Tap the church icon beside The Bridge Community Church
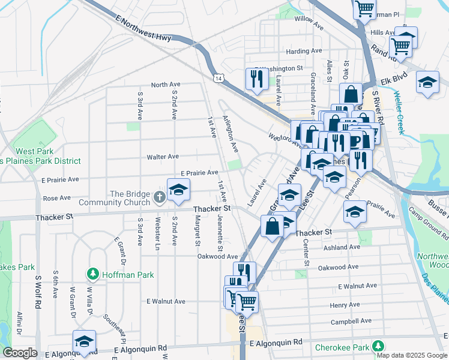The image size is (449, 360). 158,197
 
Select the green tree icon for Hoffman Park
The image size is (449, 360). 93,275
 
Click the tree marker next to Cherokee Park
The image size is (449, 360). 378,347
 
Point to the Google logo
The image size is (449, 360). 20,353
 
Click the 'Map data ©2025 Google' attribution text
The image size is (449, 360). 412,355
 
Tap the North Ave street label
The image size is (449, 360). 166,85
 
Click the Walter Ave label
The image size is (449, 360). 163,157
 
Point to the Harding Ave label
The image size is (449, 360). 304,51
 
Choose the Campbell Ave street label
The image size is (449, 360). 348,322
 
